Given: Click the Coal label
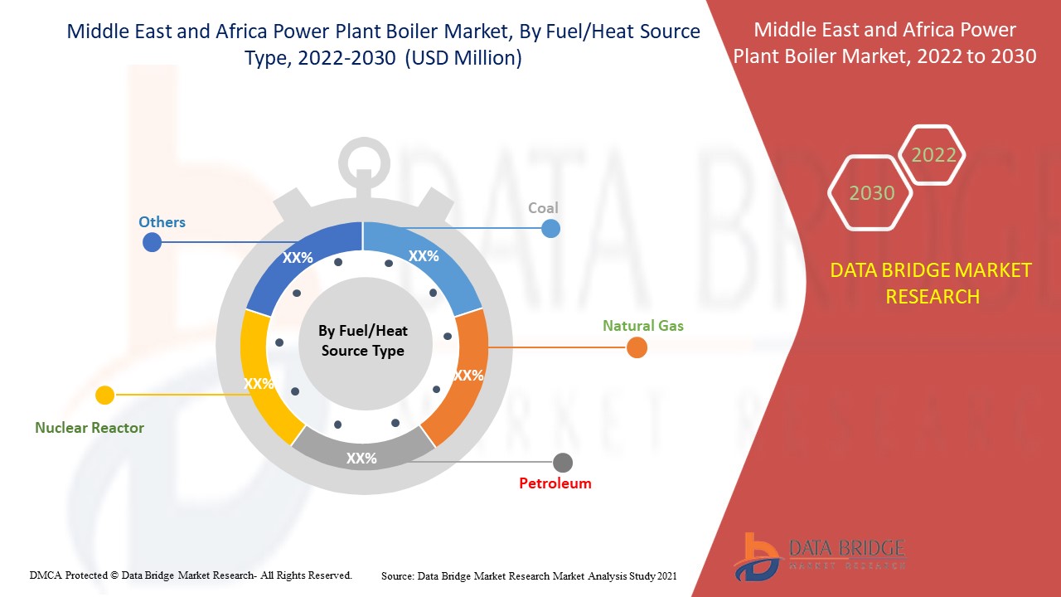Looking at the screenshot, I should (543, 207).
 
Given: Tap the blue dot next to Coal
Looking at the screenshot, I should (550, 228).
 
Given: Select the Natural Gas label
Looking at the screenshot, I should (642, 326).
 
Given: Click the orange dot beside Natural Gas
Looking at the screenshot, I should (637, 348).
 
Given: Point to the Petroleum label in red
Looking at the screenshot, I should (555, 483).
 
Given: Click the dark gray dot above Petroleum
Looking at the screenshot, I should (563, 463).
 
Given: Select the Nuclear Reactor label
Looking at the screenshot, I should (90, 428).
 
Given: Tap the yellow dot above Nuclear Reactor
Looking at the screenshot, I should (104, 396).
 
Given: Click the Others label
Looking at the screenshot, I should (162, 222).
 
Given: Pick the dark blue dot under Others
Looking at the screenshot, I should (152, 242).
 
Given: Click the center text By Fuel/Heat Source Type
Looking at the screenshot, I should (363, 341).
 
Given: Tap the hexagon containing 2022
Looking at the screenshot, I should (933, 155).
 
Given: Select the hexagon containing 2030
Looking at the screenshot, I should (871, 193).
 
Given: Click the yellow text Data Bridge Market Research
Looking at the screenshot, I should (931, 283).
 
